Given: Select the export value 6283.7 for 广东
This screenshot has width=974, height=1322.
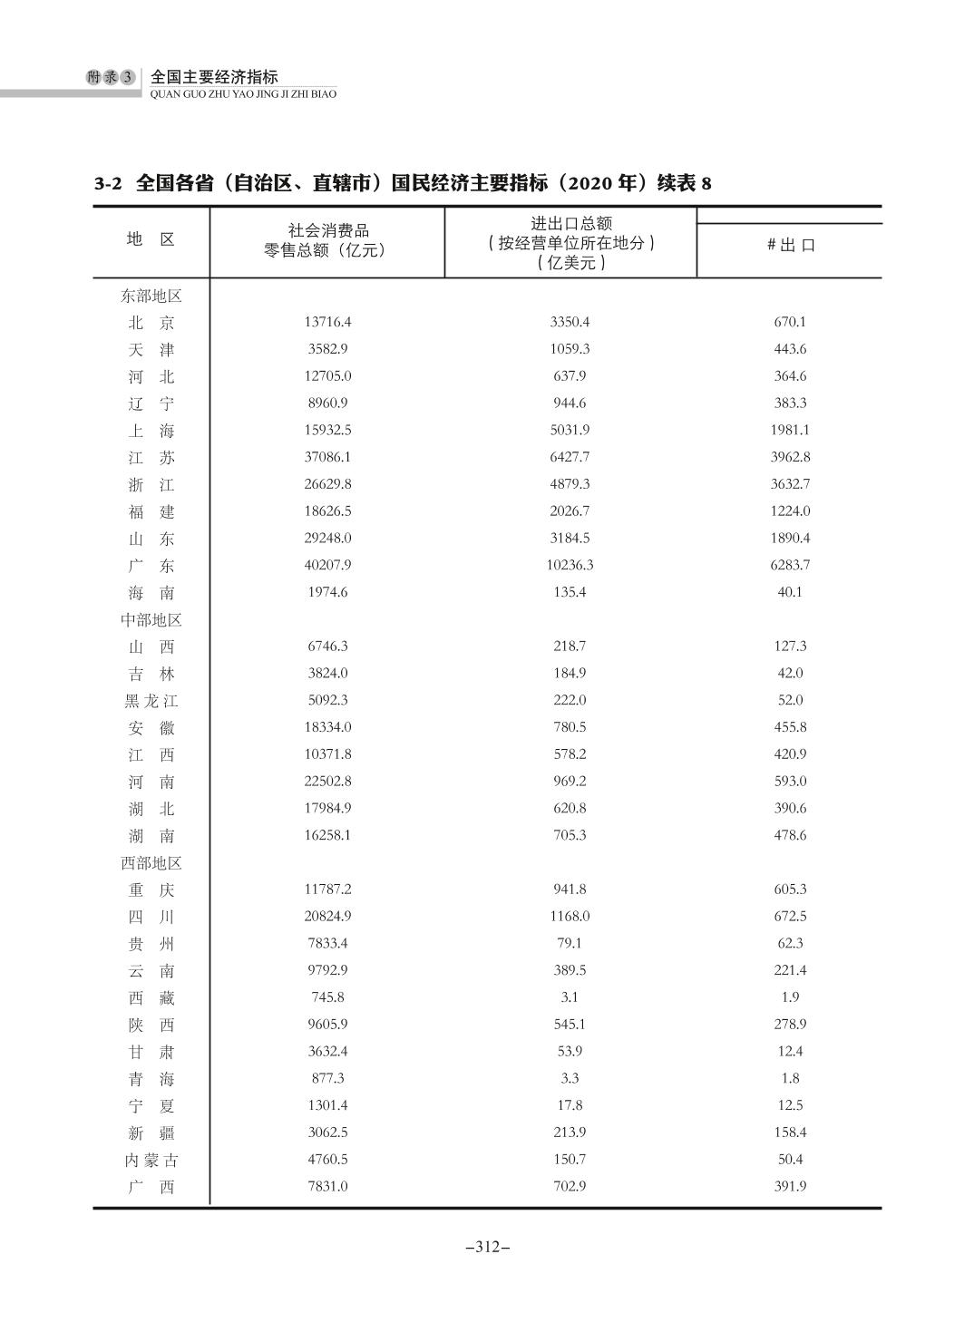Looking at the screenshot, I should click(x=790, y=565).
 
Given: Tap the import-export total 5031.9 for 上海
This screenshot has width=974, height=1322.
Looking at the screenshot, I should click(x=570, y=430).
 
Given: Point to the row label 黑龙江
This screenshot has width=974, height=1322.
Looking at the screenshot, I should click(x=151, y=701).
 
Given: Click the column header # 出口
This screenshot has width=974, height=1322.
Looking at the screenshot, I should click(x=790, y=245).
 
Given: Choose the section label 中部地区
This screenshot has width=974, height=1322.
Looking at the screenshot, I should click(x=151, y=620).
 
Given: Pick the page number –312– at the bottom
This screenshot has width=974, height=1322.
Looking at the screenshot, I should click(x=487, y=1247).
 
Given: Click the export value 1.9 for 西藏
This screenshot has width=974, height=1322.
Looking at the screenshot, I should click(x=790, y=997).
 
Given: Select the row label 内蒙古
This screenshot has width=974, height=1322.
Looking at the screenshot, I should click(x=151, y=1160).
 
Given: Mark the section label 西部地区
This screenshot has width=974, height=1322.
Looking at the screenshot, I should click(x=151, y=863).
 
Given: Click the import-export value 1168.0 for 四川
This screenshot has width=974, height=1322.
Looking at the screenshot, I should click(x=570, y=916).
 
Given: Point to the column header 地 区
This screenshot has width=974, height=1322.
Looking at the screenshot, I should click(x=151, y=239).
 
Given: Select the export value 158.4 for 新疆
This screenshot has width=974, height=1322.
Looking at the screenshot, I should click(x=790, y=1132).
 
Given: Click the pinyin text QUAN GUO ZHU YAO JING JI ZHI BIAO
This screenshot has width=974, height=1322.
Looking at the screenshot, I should click(x=243, y=93).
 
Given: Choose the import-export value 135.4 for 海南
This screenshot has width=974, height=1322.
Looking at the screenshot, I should click(x=570, y=592).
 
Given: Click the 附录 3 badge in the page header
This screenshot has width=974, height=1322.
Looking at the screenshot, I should click(x=110, y=78).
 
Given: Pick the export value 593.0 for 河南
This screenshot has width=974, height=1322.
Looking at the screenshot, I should click(x=790, y=781).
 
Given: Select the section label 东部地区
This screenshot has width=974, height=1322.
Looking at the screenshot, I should click(x=151, y=296).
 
